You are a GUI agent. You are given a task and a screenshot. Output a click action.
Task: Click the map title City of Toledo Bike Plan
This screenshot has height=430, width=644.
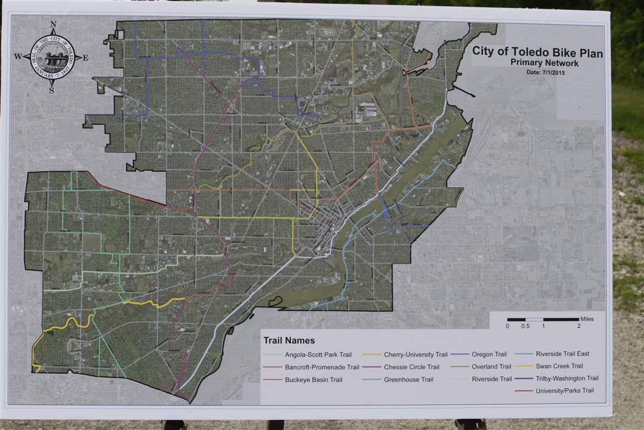point(537,52)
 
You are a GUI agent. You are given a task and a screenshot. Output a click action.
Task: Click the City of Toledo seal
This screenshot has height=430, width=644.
point(52,57)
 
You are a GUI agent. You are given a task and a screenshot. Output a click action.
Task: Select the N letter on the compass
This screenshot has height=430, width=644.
point(53,25)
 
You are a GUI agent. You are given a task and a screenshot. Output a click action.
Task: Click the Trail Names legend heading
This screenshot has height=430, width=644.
point(289,340)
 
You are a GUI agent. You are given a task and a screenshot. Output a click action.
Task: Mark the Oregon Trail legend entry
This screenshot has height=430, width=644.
point(489,354)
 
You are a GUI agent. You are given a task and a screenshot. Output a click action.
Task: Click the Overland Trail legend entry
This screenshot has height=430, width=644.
point(491,367)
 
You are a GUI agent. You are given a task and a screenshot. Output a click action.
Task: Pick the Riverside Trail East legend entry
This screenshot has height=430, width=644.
point(562,354)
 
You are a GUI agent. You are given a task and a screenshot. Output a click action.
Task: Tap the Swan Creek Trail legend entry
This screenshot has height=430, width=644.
point(559,366)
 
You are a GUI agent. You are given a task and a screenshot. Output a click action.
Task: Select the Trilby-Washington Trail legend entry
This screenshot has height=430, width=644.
point(566,378)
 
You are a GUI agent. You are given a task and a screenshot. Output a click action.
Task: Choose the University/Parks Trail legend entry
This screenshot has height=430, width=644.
point(564,391)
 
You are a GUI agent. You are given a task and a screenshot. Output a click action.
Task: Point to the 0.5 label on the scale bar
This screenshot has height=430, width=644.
point(525,326)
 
